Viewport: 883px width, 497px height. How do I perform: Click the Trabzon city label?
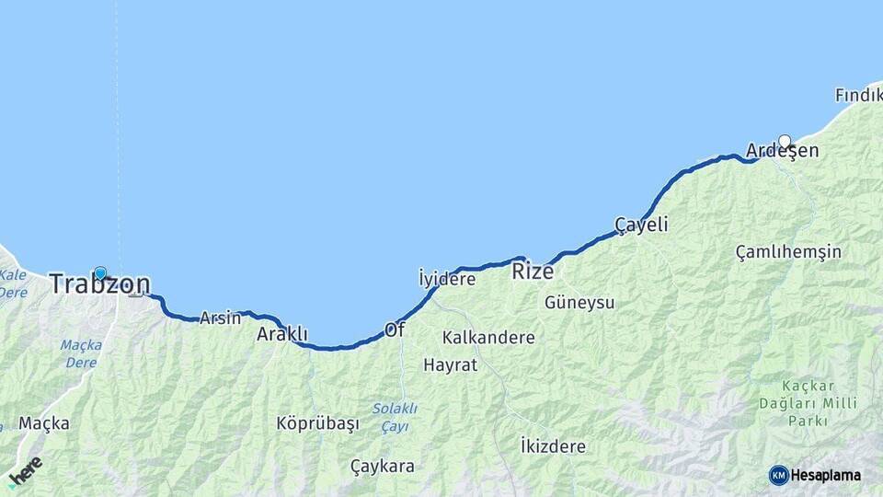click(x=99, y=284)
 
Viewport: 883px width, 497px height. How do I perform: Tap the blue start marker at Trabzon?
click(x=100, y=273)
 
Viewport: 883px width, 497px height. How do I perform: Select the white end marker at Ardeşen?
click(x=785, y=142)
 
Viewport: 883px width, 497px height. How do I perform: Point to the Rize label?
click(x=533, y=272)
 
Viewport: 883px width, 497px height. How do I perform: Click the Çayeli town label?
click(x=641, y=225)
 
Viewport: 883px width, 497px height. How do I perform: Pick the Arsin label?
click(x=220, y=318)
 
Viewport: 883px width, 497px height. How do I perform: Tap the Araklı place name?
click(x=281, y=334)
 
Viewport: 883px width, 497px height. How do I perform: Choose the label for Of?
click(x=395, y=329)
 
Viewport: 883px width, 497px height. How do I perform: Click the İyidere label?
click(x=447, y=278)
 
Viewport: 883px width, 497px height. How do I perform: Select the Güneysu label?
click(x=579, y=302)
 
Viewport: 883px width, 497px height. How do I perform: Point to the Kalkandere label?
click(x=488, y=338)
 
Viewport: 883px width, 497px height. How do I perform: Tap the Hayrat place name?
click(x=451, y=364)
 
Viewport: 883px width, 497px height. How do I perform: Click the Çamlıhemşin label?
click(x=788, y=251)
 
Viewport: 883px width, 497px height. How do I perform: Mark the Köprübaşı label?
click(x=317, y=423)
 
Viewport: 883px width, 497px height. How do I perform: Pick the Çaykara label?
click(x=383, y=466)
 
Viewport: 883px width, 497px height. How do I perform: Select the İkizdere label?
click(x=553, y=446)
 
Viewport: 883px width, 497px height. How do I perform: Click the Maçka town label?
click(x=44, y=423)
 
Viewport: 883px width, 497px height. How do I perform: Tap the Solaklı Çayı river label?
click(x=395, y=417)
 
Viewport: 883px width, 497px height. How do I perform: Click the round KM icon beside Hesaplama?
click(x=779, y=475)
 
